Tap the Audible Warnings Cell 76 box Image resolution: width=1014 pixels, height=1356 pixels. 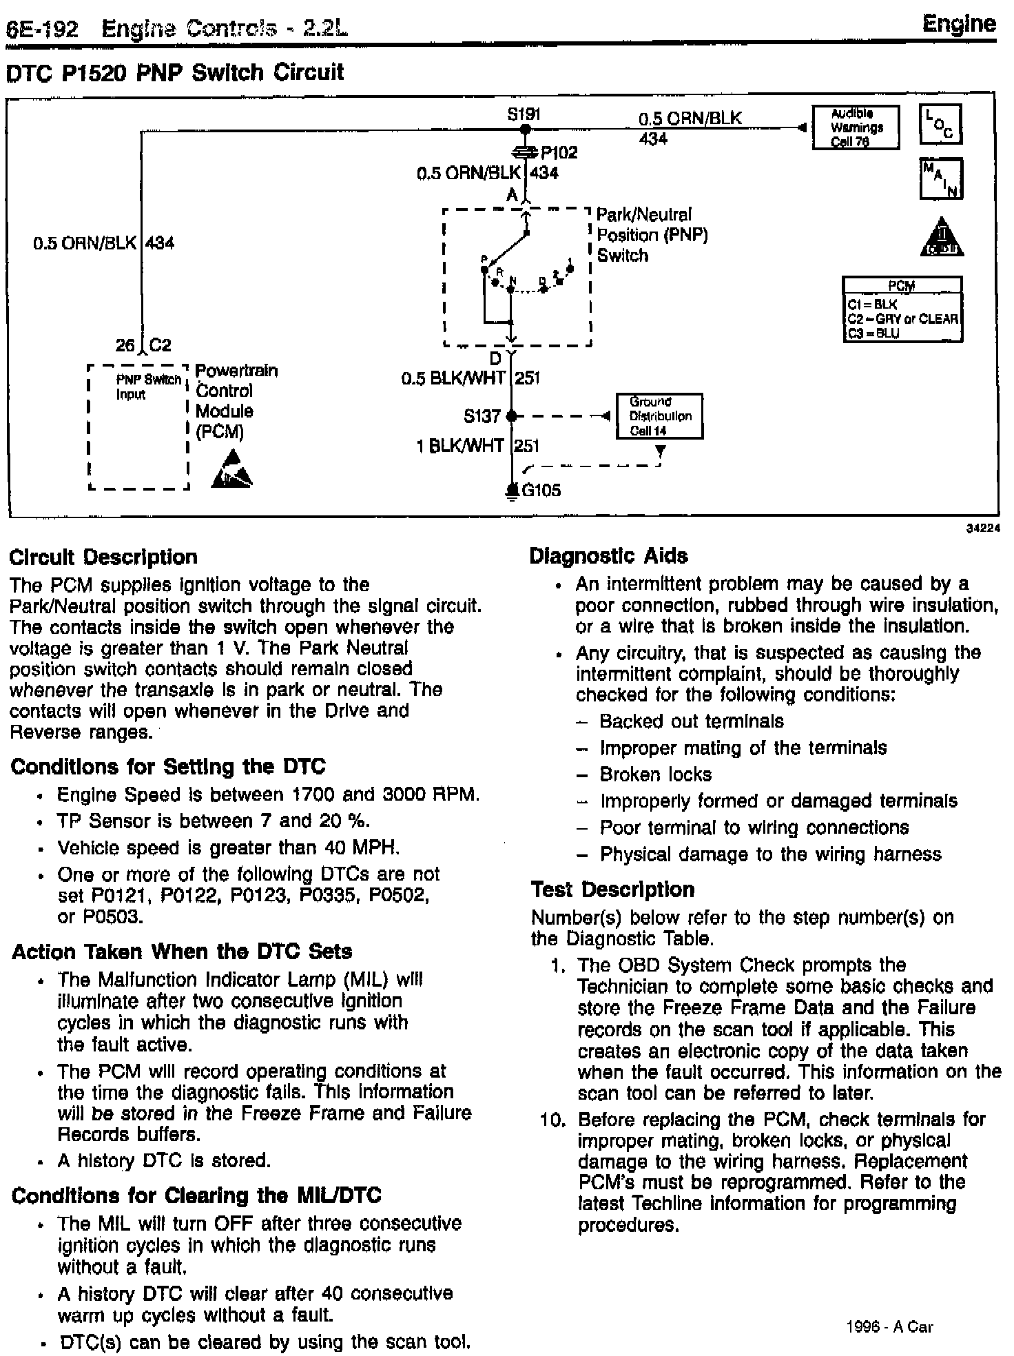pyautogui.click(x=856, y=127)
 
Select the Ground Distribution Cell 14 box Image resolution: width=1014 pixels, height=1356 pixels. pyautogui.click(x=659, y=416)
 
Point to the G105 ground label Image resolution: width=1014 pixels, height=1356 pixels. pyautogui.click(x=541, y=491)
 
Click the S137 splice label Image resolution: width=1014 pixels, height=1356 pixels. pyautogui.click(x=482, y=416)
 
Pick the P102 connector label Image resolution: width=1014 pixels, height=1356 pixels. pyautogui.click(x=559, y=152)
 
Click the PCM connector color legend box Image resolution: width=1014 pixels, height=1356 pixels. pyautogui.click(x=902, y=310)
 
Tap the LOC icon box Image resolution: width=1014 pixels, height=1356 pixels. pyautogui.click(x=940, y=125)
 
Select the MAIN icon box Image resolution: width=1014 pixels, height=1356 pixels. pyautogui.click(x=940, y=179)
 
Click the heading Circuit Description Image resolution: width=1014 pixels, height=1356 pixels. pyautogui.click(x=103, y=557)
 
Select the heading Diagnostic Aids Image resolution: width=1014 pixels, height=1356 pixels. pyautogui.click(x=608, y=556)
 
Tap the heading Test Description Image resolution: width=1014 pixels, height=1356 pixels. pyautogui.click(x=612, y=890)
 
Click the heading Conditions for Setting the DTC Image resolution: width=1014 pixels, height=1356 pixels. pyautogui.click(x=168, y=767)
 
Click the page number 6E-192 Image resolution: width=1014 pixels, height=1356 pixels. pyautogui.click(x=41, y=30)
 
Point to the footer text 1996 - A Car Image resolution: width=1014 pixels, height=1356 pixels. pyautogui.click(x=889, y=1326)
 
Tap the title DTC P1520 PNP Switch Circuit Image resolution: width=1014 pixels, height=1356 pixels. pyautogui.click(x=174, y=72)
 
